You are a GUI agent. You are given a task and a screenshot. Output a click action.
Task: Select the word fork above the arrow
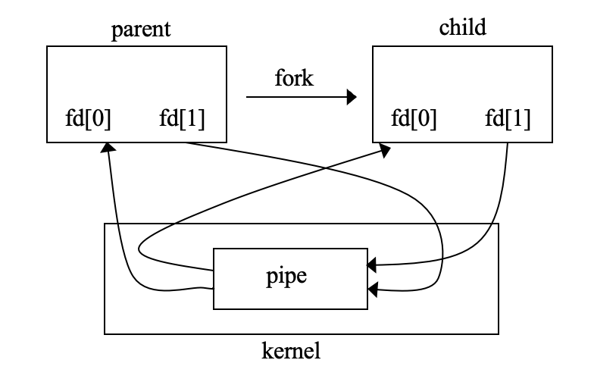point(294,78)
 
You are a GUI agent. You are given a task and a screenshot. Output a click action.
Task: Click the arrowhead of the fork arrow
point(351,97)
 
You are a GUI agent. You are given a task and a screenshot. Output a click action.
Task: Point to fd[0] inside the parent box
point(88,119)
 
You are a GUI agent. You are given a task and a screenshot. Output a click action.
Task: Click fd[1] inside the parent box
point(183,119)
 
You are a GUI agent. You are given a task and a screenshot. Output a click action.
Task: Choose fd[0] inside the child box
point(413,119)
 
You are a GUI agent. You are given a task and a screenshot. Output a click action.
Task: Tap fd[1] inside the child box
point(507,119)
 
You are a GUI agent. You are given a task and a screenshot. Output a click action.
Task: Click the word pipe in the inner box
point(291,277)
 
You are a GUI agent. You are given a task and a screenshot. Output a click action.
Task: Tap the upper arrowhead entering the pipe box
point(372,266)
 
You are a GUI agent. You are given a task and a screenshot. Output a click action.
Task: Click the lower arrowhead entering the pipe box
point(372,289)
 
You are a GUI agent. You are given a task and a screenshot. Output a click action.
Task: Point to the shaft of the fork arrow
point(295,97)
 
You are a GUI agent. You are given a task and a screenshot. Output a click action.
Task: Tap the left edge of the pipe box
point(214,278)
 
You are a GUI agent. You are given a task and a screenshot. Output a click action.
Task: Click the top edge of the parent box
point(136,46)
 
